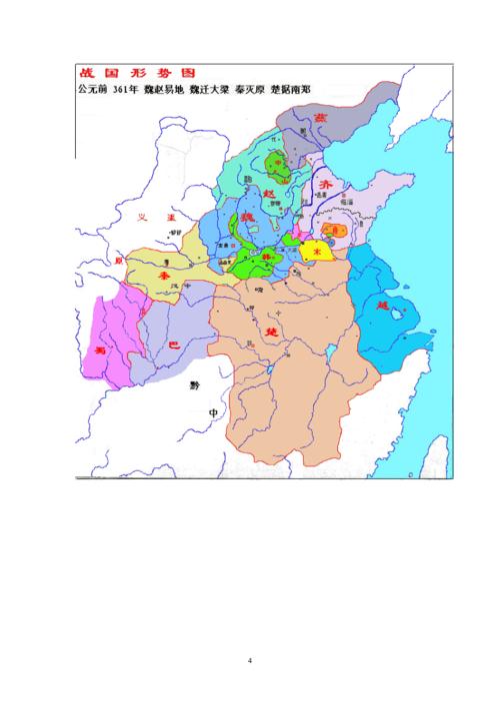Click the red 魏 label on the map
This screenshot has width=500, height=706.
(246, 216)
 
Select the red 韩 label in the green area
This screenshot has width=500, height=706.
(267, 257)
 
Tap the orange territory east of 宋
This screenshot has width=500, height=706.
(339, 231)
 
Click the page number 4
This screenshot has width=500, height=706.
(250, 660)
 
